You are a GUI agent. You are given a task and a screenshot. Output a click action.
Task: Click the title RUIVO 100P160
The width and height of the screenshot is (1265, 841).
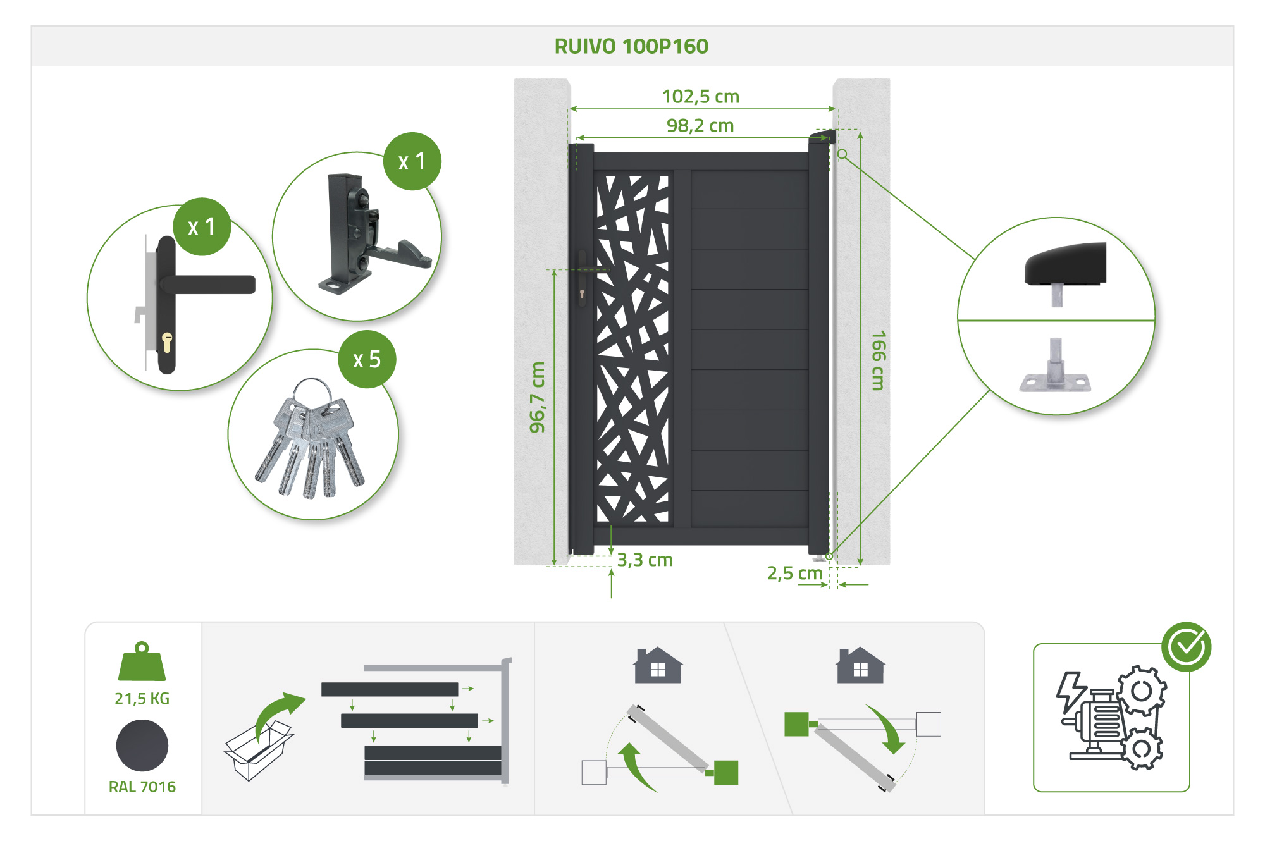pos(631,46)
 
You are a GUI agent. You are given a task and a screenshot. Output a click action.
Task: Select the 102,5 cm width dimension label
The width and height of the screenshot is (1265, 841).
pos(700,97)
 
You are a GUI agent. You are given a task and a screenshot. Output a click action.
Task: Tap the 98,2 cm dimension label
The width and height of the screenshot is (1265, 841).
pos(700,126)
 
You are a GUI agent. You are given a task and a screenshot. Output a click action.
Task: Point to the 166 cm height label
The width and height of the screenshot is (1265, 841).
pos(878,360)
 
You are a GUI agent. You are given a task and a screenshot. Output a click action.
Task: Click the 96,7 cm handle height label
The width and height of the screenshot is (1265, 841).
pos(537,397)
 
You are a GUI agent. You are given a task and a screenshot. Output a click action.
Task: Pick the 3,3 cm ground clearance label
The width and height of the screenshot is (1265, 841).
pos(645,560)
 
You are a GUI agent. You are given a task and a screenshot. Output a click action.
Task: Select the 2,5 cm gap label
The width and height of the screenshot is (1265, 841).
pos(794,574)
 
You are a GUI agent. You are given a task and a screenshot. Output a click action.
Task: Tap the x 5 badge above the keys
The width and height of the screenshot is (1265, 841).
pos(367,359)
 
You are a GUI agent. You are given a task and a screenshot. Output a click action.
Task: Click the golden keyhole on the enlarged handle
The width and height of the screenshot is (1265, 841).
pos(167,342)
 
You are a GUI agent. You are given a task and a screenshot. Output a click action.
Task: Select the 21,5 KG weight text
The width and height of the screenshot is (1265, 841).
pos(142,698)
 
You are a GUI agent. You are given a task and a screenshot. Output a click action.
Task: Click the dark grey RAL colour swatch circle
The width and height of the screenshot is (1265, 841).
pos(142,746)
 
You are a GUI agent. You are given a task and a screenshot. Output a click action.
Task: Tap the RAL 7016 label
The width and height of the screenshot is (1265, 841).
pos(142,787)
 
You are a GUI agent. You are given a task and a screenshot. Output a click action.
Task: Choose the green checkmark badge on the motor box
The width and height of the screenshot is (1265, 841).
pos(1186,646)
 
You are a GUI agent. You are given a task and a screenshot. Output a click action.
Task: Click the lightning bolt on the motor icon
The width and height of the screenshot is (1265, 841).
pos(1071,691)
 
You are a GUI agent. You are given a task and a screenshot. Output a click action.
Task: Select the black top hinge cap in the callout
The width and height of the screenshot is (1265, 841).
pos(1066,264)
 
